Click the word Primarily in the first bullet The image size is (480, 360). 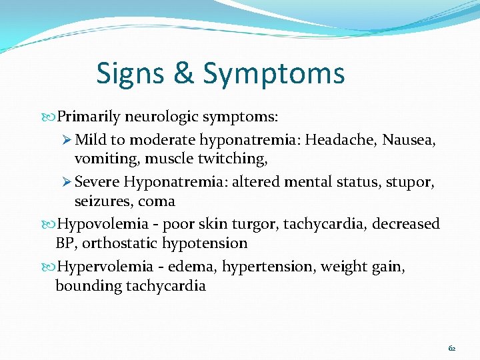click(x=89, y=117)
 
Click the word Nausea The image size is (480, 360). click(x=409, y=139)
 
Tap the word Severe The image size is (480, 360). click(x=97, y=182)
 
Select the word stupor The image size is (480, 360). click(x=411, y=182)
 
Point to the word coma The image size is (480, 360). click(x=156, y=201)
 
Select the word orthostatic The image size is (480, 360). click(x=125, y=243)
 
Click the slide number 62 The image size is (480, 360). click(x=452, y=348)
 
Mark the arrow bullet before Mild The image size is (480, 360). click(x=65, y=139)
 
